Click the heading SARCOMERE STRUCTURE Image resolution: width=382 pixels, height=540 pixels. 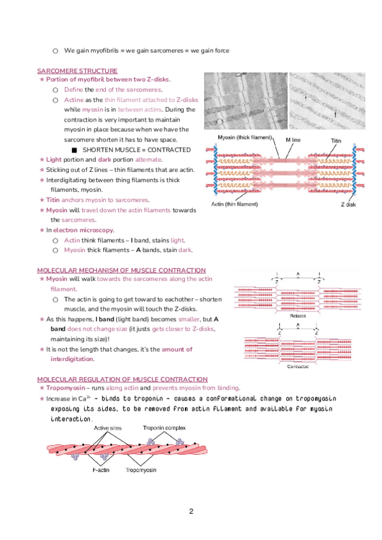pos(77,71)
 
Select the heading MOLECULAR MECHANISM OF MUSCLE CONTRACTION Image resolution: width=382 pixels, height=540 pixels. pos(121,271)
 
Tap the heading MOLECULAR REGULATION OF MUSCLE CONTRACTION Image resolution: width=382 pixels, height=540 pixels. pos(122,379)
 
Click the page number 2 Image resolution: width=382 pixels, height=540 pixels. pos(191,511)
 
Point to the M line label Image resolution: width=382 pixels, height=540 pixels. pos(293,140)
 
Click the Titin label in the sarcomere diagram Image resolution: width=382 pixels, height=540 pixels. pos(336,141)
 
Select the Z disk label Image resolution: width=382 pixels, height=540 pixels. pos(348,204)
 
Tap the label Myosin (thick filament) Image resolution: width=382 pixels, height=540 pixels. pos(245,138)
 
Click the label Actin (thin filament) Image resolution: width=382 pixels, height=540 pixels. pos(235,204)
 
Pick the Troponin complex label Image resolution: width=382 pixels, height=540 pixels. pos(164,428)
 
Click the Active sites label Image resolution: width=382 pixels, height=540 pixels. pos(108,428)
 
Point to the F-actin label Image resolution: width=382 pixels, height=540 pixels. pos(101,470)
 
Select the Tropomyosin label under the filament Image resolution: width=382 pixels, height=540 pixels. pos(141,470)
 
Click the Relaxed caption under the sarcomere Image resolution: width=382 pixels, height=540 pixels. pos(298,316)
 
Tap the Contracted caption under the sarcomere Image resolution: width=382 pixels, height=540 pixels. pos(298,366)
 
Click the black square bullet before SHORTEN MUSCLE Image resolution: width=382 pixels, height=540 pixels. pos(74,150)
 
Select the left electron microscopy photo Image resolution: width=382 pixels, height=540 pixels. pos(246,101)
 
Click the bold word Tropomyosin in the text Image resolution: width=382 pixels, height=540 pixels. pos(66,388)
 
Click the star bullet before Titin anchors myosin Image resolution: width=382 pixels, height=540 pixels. pos(41,200)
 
